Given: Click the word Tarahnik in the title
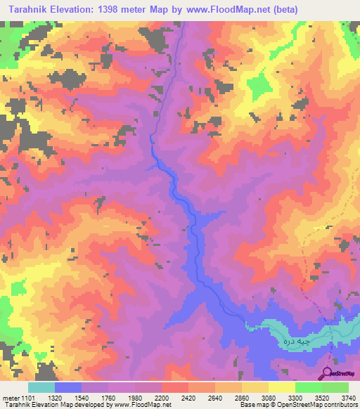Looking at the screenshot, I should click(30, 9).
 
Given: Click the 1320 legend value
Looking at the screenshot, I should click(68, 397).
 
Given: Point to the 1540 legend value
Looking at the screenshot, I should click(95, 397).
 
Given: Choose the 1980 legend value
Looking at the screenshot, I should click(148, 397).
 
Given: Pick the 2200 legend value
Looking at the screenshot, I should click(175, 397).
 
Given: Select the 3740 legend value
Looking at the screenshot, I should click(348, 397).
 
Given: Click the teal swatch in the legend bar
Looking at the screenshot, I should click(41, 387).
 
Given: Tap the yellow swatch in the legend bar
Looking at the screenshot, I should click(281, 387).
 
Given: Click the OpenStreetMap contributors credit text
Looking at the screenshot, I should click(321, 404).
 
